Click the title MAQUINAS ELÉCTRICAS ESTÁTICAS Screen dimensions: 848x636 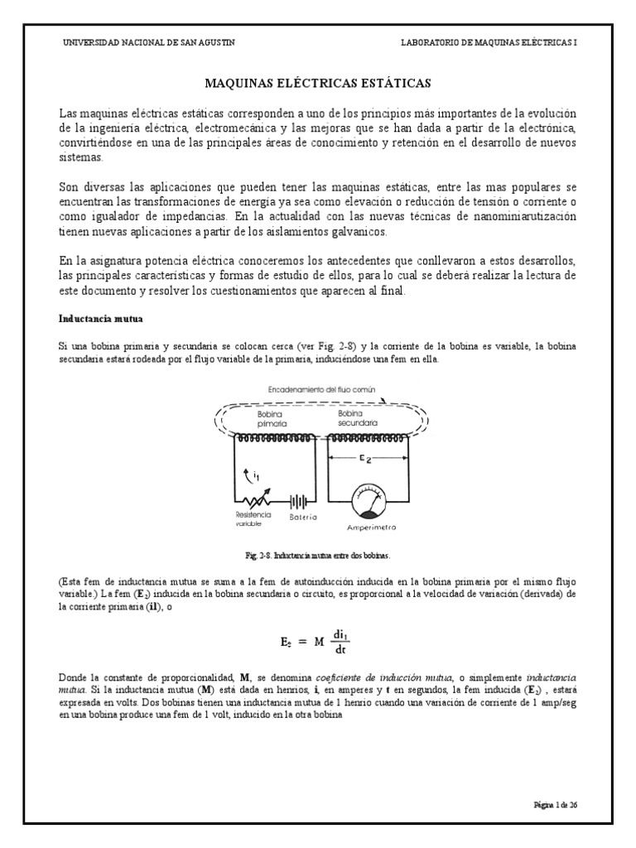pos(318,84)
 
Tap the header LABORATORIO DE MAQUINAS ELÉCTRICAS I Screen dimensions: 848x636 pos(489,44)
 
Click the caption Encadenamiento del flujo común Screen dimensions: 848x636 pos(315,388)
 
